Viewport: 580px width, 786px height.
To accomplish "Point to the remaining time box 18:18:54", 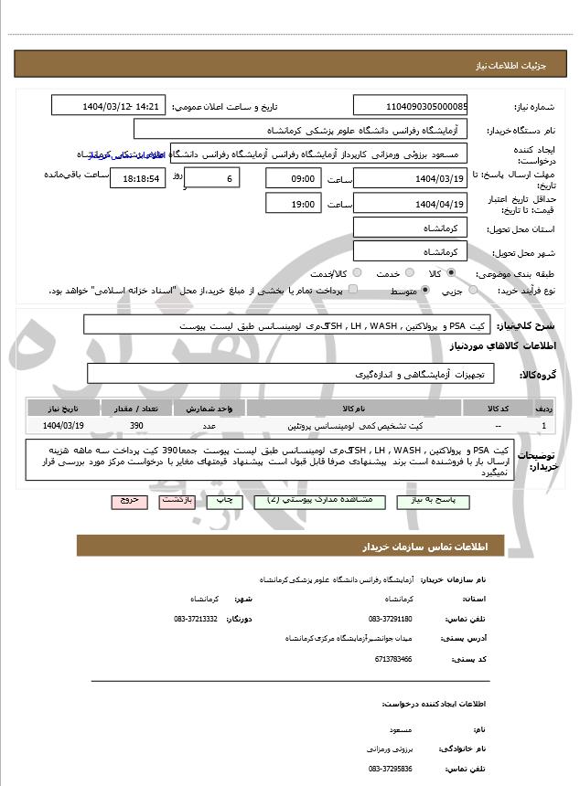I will (138, 178).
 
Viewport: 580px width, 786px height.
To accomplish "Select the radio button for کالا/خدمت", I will (357, 273).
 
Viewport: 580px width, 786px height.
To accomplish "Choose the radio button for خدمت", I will (407, 273).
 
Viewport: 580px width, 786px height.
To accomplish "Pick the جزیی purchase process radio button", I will (473, 290).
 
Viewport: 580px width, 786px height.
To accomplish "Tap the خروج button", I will (128, 502).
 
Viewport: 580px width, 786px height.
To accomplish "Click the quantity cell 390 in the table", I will (136, 426).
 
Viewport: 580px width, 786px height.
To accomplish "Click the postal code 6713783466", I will (393, 658).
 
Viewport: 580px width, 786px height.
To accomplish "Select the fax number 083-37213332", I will (196, 619).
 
